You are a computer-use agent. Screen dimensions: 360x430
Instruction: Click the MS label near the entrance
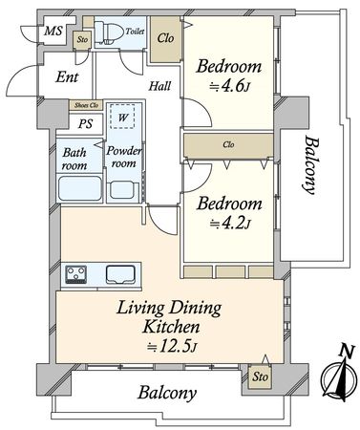(53, 32)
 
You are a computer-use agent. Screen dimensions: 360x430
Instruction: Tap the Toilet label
(135, 32)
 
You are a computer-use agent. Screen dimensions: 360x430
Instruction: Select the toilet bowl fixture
(109, 32)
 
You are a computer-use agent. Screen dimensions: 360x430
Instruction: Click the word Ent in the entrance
(67, 77)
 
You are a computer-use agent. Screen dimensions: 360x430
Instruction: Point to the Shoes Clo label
(86, 105)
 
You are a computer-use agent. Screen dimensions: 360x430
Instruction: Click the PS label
(85, 123)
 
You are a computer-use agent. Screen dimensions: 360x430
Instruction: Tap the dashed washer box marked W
(122, 116)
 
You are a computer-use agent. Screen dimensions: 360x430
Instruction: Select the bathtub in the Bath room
(80, 188)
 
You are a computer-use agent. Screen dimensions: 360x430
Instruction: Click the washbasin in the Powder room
(122, 190)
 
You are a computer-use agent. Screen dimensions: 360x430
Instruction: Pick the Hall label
(160, 86)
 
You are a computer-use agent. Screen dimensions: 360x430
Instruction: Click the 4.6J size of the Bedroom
(229, 86)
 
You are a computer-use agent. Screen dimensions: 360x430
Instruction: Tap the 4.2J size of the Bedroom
(230, 224)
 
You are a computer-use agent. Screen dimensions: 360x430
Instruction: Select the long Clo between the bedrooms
(228, 145)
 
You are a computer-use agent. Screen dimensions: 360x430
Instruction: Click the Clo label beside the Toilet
(165, 39)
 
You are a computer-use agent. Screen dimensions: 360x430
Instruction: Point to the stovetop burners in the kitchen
(76, 274)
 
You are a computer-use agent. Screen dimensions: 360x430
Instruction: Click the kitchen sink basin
(120, 274)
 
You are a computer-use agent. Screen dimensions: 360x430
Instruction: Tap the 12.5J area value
(172, 346)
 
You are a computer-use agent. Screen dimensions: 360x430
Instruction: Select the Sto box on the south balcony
(260, 376)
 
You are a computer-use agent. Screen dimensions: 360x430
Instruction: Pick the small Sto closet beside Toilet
(82, 40)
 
